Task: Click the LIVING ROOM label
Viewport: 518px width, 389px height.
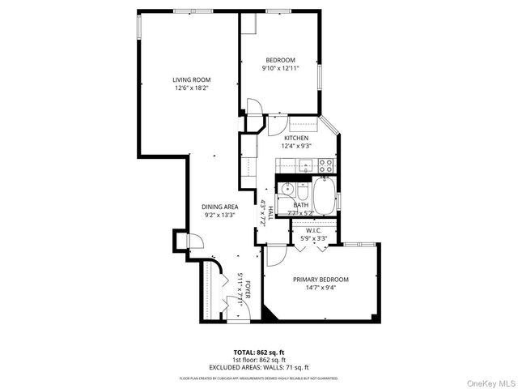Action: coord(191,79)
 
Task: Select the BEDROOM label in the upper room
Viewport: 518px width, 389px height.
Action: coord(280,60)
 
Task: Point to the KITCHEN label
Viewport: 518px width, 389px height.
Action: coord(295,138)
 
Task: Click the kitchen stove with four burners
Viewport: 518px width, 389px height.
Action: coord(325,165)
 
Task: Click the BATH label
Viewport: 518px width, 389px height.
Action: coord(300,205)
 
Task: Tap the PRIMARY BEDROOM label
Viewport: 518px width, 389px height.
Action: coord(321,279)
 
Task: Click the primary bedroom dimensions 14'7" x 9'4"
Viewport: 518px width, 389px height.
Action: coord(321,287)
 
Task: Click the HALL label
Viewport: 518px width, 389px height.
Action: coord(261,214)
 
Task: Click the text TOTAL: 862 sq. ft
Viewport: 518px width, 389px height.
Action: coord(259,352)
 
